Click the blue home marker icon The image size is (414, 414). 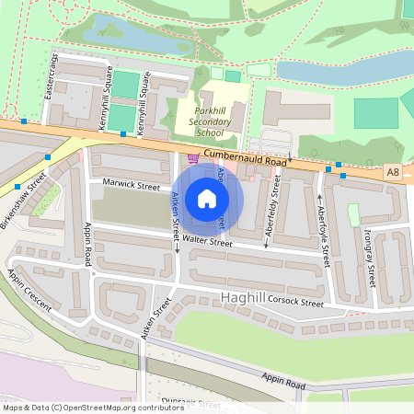tap(207, 199)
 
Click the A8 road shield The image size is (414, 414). tap(393, 172)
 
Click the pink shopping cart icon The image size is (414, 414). tap(192, 157)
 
